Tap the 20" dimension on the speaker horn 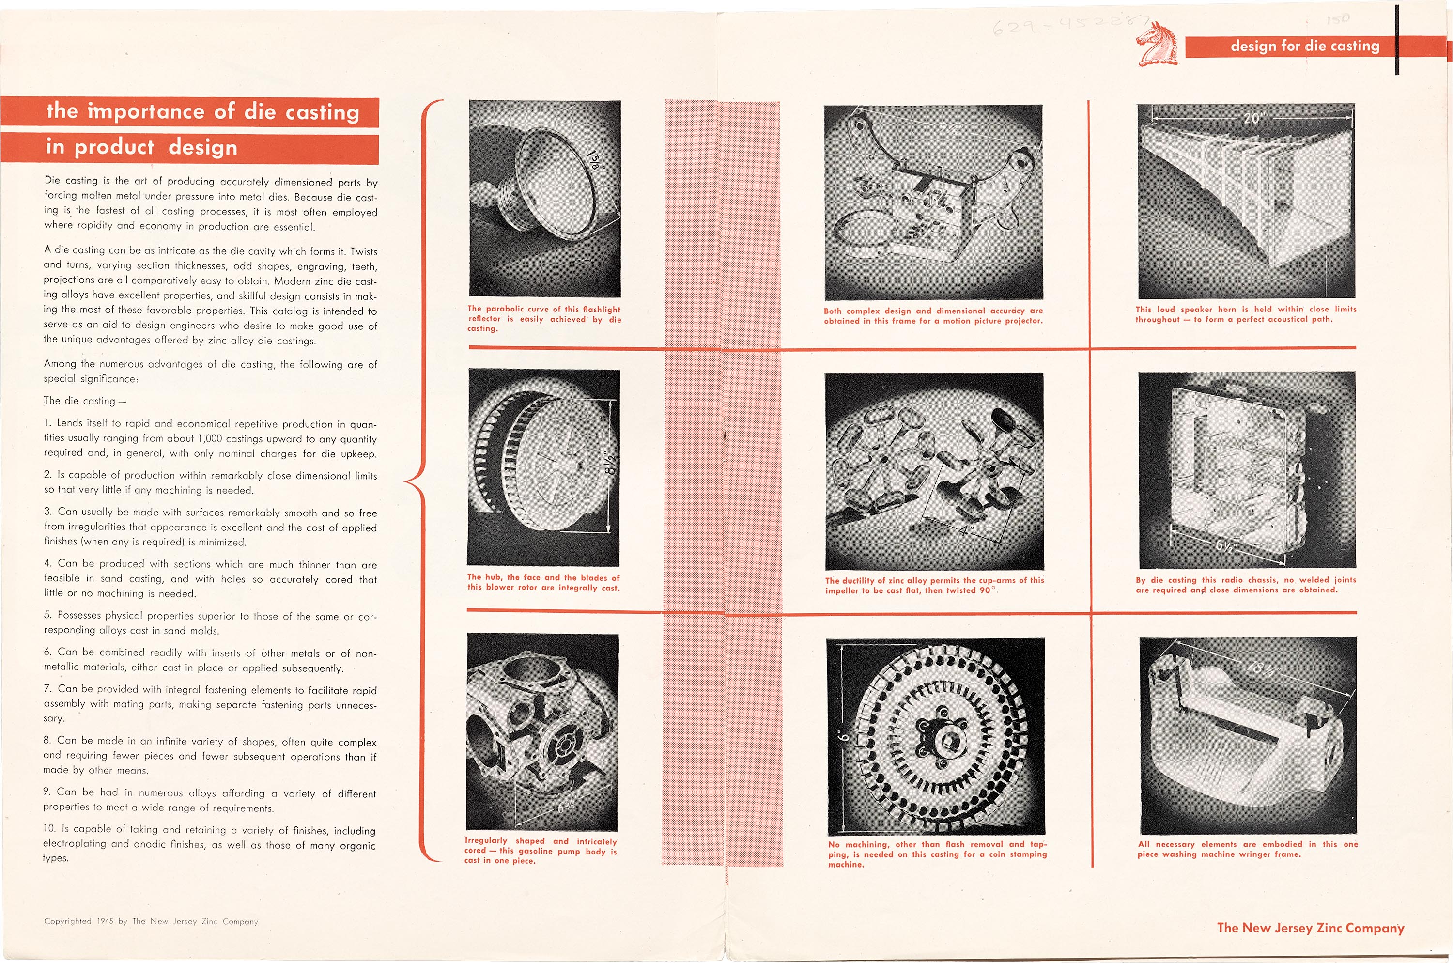pyautogui.click(x=1252, y=117)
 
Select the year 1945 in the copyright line pyautogui.click(x=105, y=921)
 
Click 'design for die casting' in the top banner pyautogui.click(x=1305, y=46)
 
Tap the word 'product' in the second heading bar pyautogui.click(x=114, y=147)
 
